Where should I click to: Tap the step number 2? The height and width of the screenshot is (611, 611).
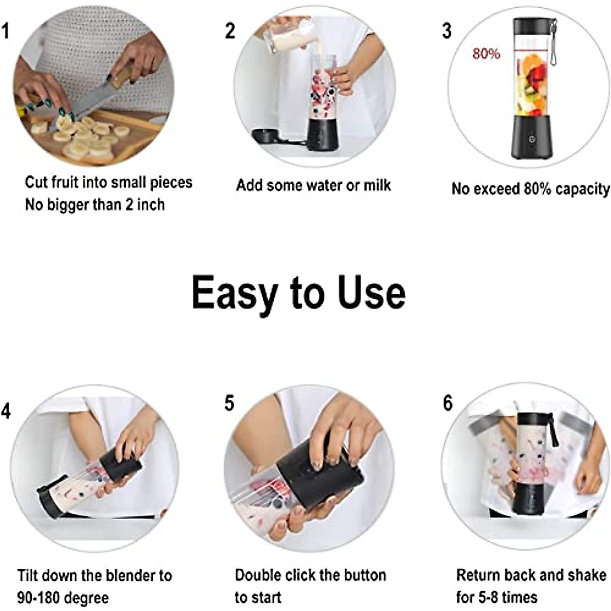click(x=230, y=31)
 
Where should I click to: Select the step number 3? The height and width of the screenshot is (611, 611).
click(x=447, y=31)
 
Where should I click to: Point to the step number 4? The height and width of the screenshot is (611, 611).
click(x=6, y=411)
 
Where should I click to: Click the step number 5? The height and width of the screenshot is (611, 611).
click(x=230, y=403)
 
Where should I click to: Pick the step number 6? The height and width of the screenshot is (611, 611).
click(x=448, y=403)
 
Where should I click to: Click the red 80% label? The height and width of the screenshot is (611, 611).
click(x=486, y=53)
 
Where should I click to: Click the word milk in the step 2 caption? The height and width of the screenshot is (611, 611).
click(x=377, y=185)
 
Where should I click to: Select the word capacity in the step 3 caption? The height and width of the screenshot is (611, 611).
click(x=582, y=189)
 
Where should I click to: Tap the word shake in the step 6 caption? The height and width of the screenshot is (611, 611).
click(x=587, y=575)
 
